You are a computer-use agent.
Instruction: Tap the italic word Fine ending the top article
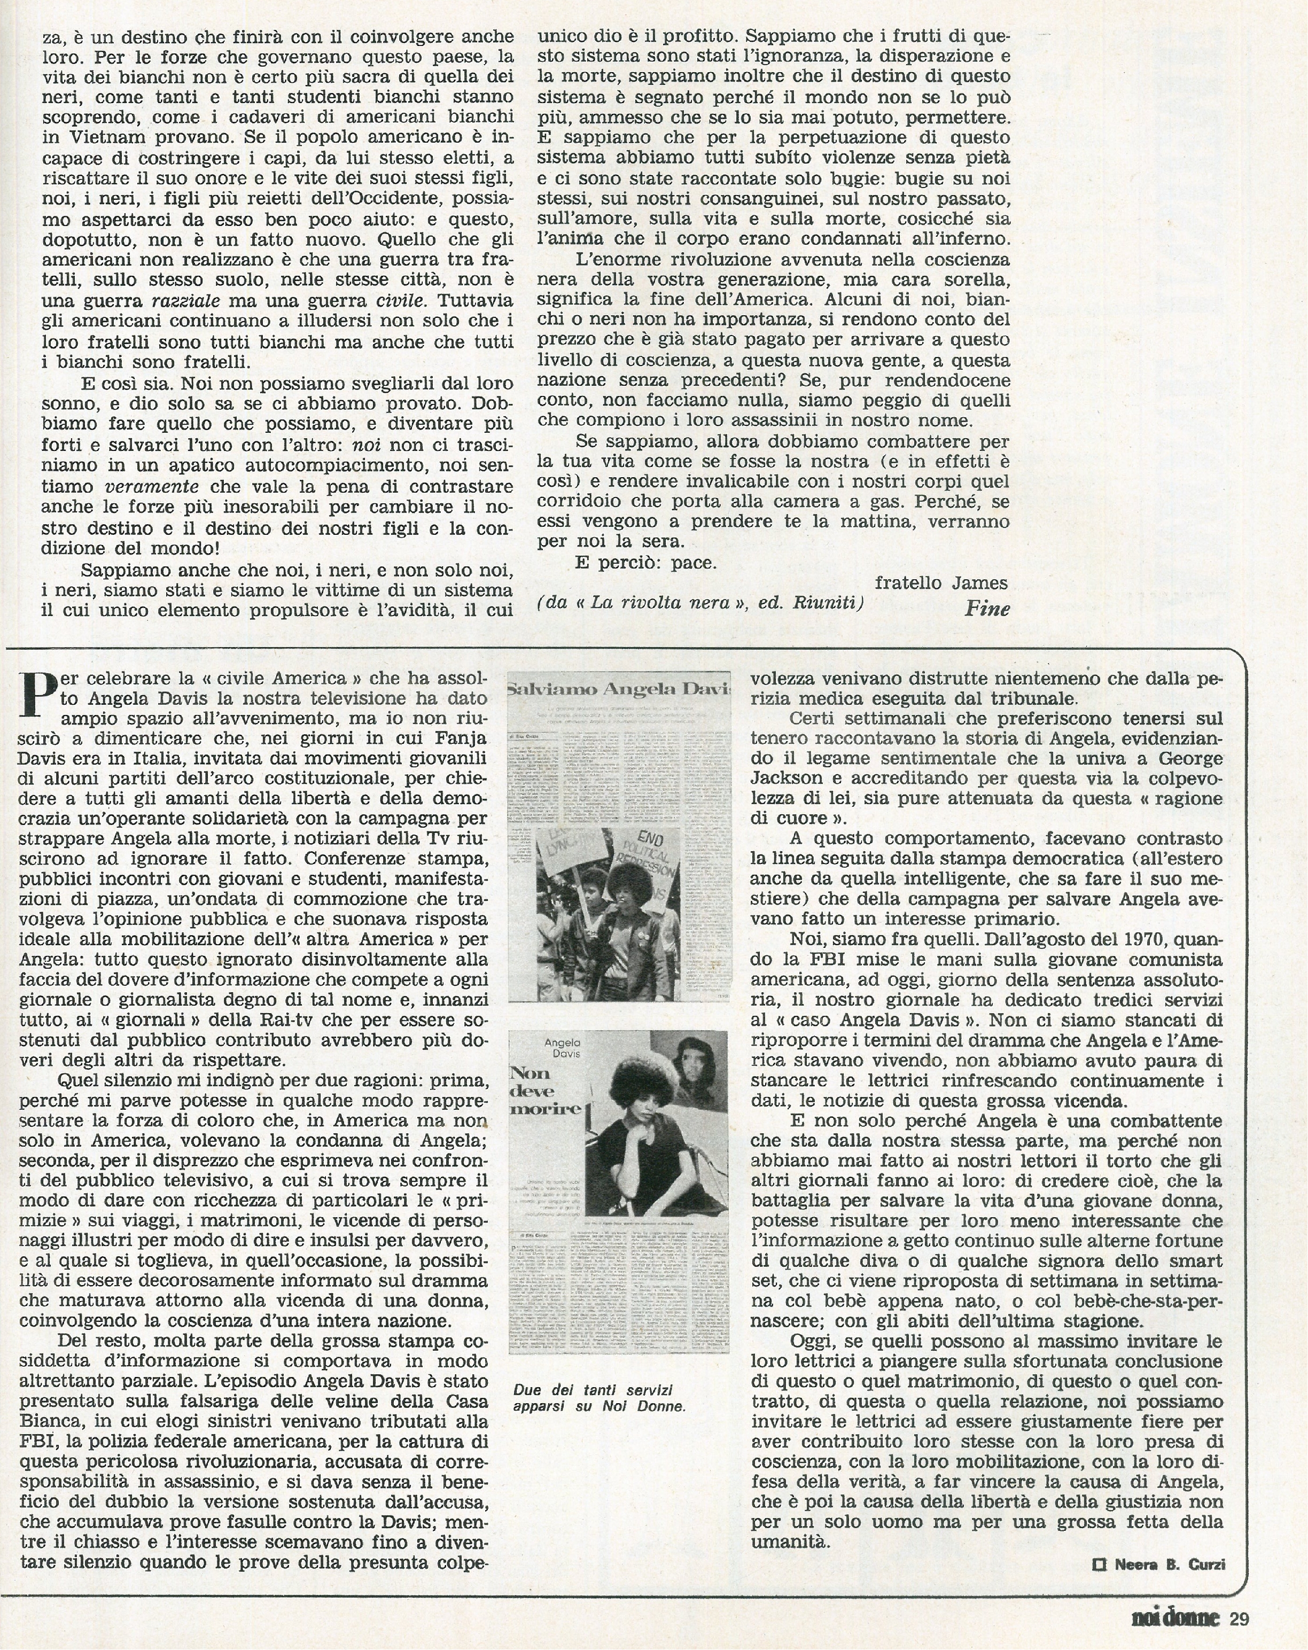987,609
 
